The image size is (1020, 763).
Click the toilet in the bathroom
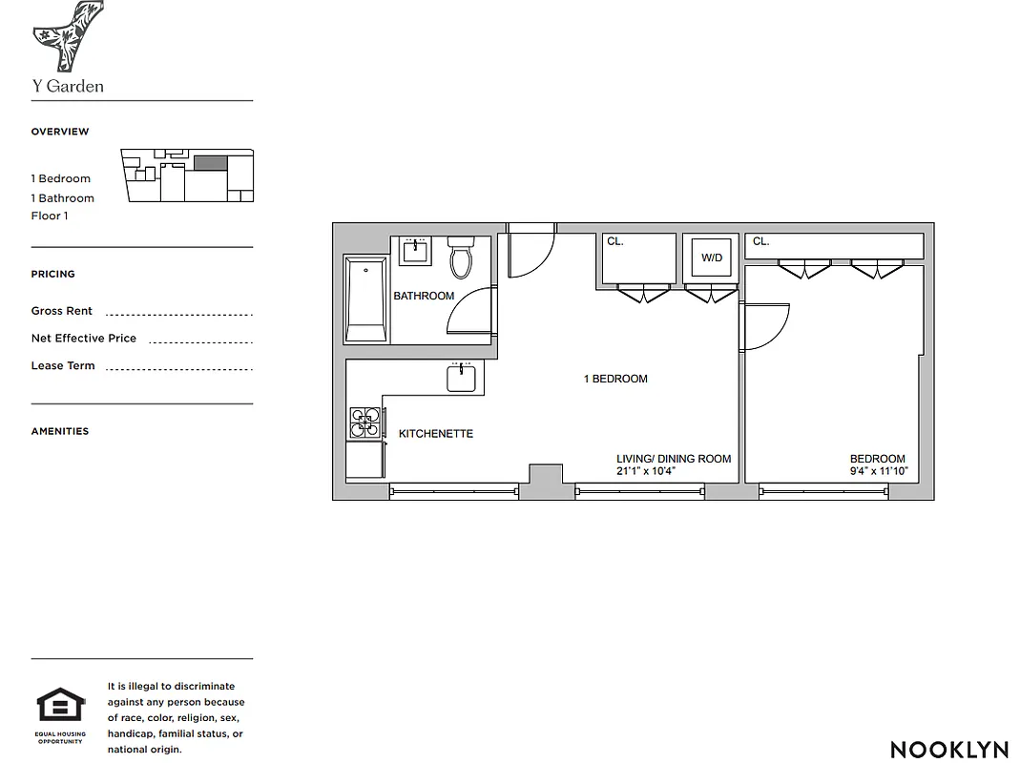pos(461,258)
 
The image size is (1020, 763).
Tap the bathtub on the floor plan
pos(366,299)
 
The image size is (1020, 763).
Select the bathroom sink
pos(415,251)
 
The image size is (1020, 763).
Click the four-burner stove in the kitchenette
pos(364,422)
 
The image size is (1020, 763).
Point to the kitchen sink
pos(462,378)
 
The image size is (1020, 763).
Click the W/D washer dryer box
pos(712,258)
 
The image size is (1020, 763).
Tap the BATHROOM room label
pos(424,296)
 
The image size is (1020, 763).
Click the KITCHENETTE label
pos(435,434)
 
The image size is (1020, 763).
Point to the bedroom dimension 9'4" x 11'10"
pos(878,471)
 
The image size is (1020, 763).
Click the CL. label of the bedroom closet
pos(760,242)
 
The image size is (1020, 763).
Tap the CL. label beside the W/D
pos(614,242)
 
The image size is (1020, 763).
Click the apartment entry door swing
pos(530,253)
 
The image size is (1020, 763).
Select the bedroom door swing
pos(765,326)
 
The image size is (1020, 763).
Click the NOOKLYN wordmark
pos(948,750)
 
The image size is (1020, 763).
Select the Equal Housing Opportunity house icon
pos(61,707)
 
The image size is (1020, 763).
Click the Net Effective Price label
pos(83,339)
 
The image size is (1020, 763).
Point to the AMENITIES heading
pos(59,431)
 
